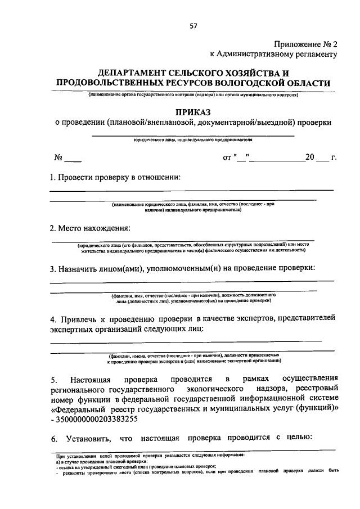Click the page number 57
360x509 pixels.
[x=194, y=26]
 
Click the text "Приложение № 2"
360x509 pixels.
[x=306, y=44]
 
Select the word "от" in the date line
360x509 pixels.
[x=227, y=158]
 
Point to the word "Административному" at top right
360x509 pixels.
[x=265, y=55]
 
